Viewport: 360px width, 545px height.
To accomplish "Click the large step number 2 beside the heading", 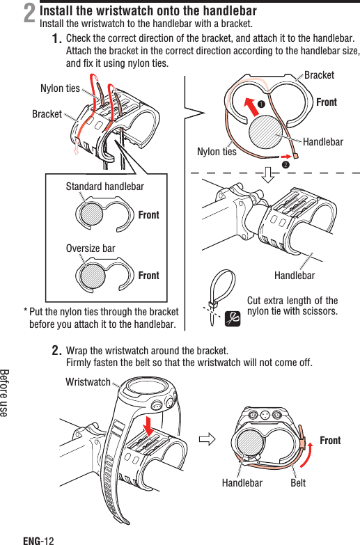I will [x=29, y=14].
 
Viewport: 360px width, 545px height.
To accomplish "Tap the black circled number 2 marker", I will [x=285, y=165].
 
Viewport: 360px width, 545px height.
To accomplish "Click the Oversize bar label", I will [x=91, y=248].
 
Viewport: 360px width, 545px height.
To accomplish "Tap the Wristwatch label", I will [x=88, y=382].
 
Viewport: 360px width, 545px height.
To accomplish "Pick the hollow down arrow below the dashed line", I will [x=269, y=172].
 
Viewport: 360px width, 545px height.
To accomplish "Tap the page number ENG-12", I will [x=38, y=539].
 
